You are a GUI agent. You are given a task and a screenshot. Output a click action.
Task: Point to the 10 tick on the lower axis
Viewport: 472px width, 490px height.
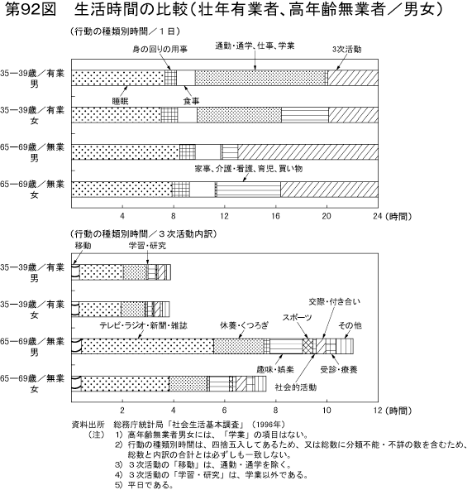[x=325, y=409]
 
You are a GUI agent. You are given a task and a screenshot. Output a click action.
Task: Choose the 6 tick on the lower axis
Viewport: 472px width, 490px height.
[x=223, y=409]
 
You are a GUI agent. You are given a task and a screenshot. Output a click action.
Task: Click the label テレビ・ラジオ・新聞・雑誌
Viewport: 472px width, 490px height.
[x=143, y=324]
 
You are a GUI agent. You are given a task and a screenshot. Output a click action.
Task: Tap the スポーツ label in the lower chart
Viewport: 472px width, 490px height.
[x=297, y=318]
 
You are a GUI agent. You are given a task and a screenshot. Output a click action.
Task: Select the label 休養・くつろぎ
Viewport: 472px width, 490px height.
[x=243, y=324]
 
